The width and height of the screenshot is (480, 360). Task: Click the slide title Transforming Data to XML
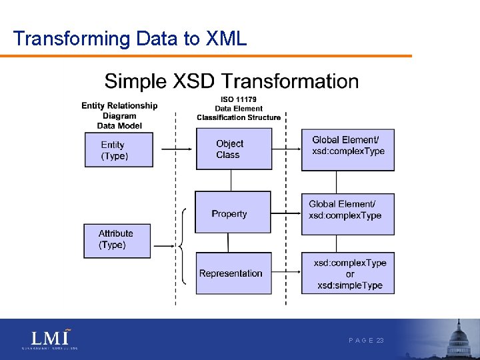[x=130, y=39]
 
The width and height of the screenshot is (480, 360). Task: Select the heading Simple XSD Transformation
[x=231, y=81]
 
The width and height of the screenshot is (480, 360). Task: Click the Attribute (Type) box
[x=117, y=240]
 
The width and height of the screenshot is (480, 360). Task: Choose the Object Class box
[x=233, y=149]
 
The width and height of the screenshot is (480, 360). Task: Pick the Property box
[x=233, y=213]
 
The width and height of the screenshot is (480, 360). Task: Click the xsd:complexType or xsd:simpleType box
[x=347, y=273]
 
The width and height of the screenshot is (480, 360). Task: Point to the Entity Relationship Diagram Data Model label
[x=119, y=115]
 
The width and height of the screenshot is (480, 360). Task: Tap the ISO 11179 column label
[x=238, y=109]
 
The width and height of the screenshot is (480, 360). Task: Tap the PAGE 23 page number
[x=366, y=340]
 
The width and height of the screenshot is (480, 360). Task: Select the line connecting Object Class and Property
[x=231, y=181]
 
